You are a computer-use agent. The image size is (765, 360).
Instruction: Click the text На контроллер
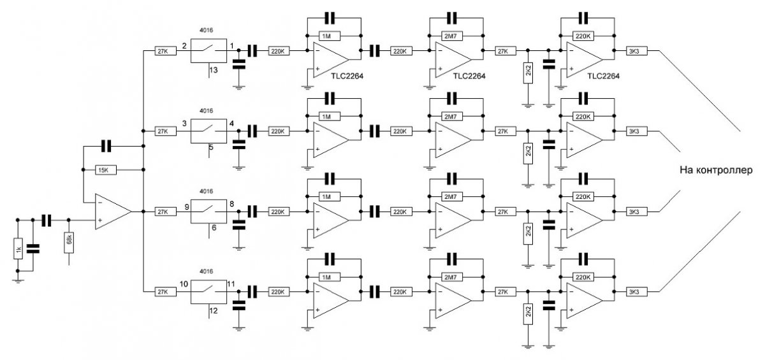(717, 171)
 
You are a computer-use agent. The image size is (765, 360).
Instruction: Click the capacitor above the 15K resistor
(106, 147)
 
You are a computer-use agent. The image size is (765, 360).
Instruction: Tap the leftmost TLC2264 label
(347, 76)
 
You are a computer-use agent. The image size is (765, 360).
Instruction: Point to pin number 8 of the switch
(231, 205)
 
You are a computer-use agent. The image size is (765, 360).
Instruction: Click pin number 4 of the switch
(231, 125)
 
